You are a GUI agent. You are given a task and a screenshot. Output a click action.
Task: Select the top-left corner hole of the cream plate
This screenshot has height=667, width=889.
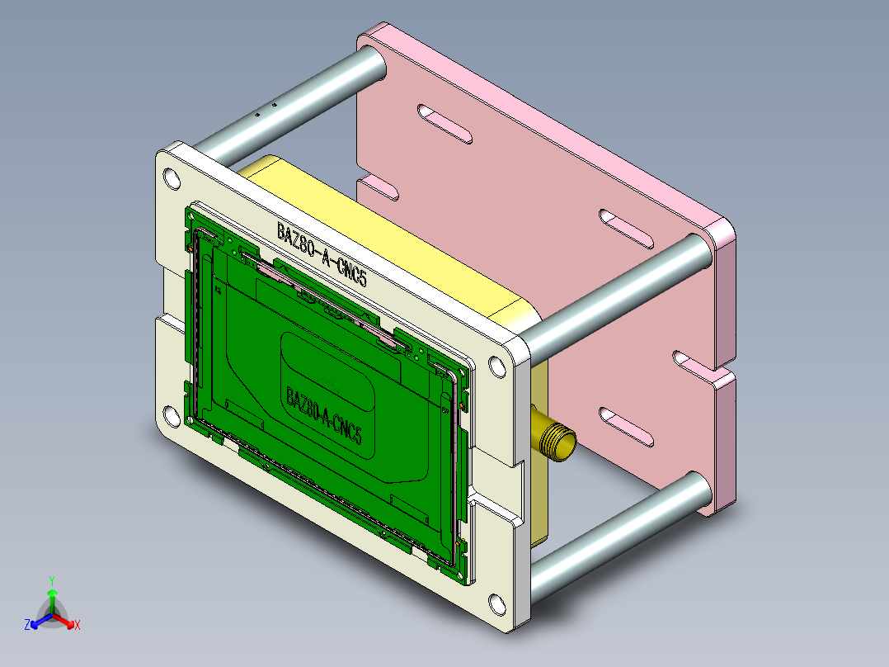(x=172, y=178)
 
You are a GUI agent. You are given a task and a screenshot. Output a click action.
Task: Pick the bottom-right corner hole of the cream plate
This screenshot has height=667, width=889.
(x=496, y=605)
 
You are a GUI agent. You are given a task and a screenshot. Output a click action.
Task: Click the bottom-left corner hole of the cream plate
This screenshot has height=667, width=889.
(x=172, y=418)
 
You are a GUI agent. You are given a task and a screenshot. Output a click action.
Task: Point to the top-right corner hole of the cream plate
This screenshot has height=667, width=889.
(x=496, y=366)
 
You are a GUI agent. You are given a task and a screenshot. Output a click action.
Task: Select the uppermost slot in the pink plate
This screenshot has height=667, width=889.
(x=444, y=123)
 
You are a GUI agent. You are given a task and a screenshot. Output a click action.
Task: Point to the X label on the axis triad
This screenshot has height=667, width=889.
(x=78, y=626)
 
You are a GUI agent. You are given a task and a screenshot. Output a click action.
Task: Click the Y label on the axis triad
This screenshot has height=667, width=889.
(x=51, y=579)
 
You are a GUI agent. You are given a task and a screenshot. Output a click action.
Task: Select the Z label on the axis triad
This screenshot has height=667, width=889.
(x=27, y=626)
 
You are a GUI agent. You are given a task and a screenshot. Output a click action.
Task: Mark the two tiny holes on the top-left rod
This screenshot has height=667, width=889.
(x=266, y=110)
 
